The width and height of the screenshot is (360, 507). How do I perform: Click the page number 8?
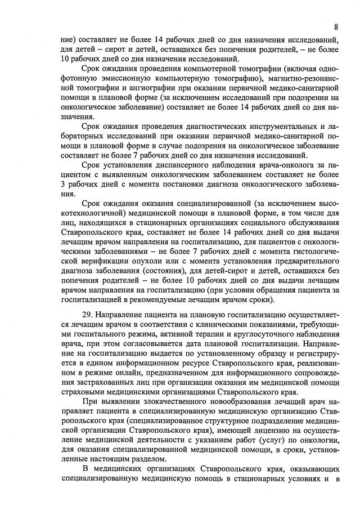tap(335, 26)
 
